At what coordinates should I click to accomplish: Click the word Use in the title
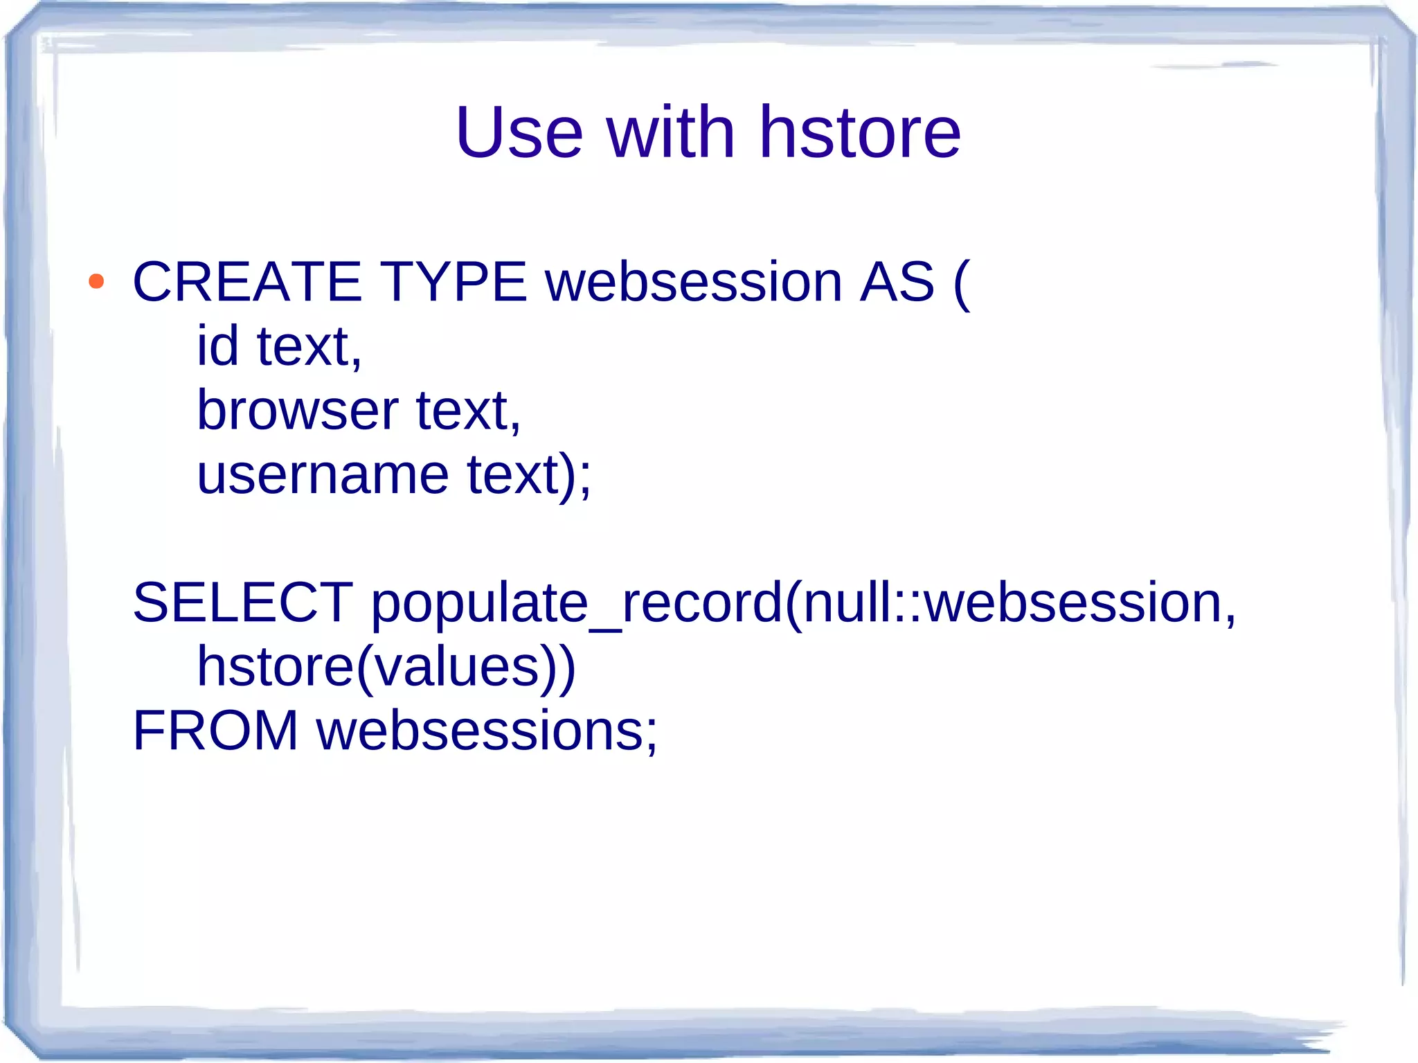(x=519, y=133)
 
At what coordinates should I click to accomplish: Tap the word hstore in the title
(x=860, y=133)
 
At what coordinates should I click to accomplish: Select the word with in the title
(x=670, y=133)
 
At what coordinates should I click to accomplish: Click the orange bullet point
(x=96, y=282)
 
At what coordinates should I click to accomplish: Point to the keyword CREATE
(x=247, y=282)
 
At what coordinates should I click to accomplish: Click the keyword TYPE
(x=453, y=282)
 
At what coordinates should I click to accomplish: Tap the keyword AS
(x=897, y=282)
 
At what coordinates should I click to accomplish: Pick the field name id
(x=217, y=346)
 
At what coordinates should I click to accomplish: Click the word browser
(x=297, y=410)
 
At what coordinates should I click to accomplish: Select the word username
(x=323, y=475)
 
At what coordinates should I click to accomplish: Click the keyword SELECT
(x=243, y=602)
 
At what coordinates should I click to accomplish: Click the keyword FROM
(x=215, y=731)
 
